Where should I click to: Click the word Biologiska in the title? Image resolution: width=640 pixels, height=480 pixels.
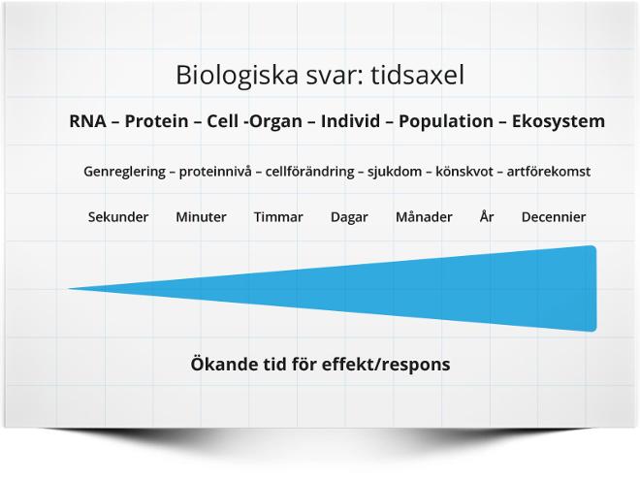(237, 76)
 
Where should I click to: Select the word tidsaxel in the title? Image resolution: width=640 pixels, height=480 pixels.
(418, 75)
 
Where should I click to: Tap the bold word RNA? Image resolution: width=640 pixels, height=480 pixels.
(87, 121)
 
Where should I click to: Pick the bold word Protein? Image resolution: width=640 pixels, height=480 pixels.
(156, 121)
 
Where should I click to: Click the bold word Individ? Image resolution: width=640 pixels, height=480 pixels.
(351, 121)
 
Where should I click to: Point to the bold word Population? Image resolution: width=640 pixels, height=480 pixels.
(446, 121)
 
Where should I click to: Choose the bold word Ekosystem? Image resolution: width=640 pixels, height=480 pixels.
(559, 121)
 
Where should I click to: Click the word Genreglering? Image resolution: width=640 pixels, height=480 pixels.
(124, 172)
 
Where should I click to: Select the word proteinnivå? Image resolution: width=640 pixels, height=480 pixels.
(215, 172)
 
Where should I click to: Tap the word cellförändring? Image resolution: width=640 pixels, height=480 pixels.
(309, 172)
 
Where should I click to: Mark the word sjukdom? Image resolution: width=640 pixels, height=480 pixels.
(395, 172)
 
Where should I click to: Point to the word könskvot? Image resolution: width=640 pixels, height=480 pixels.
(464, 172)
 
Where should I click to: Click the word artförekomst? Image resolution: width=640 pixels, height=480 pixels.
(549, 172)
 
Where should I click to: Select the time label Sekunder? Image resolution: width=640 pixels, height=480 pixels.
(118, 217)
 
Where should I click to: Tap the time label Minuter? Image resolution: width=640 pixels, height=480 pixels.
(201, 217)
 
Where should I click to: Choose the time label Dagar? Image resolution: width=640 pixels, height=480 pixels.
(349, 217)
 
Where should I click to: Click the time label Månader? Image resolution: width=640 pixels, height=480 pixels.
(424, 216)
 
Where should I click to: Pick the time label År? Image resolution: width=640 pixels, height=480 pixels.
(487, 216)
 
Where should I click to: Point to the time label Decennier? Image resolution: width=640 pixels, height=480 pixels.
(554, 217)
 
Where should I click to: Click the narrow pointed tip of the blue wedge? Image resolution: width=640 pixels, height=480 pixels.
(69, 289)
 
